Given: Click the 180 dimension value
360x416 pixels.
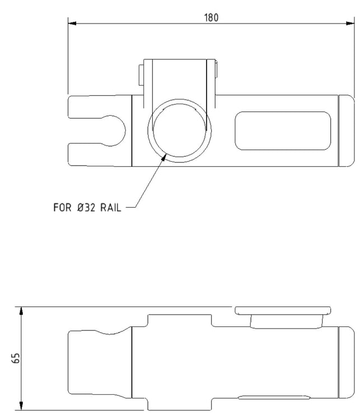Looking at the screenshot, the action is click(212, 18).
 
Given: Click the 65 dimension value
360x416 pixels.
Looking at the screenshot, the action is click(16, 358).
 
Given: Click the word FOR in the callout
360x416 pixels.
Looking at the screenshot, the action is click(62, 208).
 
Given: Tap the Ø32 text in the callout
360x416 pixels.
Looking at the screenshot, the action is click(86, 208).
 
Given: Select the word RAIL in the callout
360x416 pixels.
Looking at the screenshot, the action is click(111, 208).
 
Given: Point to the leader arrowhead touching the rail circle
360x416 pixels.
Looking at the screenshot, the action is click(163, 157).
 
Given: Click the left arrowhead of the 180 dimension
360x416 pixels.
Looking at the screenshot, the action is click(72, 24).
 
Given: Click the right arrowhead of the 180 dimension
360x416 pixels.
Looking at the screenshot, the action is click(350, 24).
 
